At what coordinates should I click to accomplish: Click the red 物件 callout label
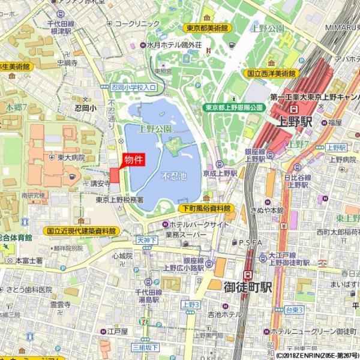[133, 160]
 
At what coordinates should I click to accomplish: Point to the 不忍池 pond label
[174, 177]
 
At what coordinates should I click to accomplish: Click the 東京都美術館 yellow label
[206, 28]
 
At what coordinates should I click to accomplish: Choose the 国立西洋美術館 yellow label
[272, 73]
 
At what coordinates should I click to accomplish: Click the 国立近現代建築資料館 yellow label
[81, 230]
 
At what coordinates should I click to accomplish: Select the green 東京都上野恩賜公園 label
[234, 107]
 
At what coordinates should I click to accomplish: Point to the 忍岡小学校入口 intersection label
[133, 87]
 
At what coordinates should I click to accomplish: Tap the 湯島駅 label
[146, 298]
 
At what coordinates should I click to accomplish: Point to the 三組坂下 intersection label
[145, 347]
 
